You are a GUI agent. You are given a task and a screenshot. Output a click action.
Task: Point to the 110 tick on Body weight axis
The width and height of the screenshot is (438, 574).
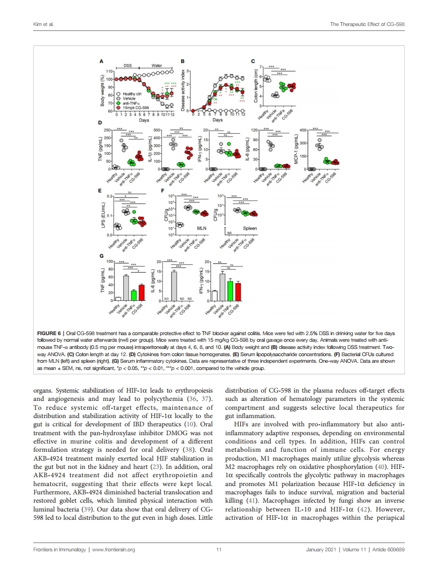[x=109, y=72]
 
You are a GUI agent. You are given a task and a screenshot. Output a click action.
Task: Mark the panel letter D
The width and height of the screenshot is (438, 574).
[x=100, y=122]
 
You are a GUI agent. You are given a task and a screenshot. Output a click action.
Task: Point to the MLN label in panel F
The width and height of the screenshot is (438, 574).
[x=201, y=227]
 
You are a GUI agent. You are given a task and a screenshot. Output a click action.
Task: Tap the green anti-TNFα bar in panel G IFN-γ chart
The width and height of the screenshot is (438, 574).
[x=230, y=290]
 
